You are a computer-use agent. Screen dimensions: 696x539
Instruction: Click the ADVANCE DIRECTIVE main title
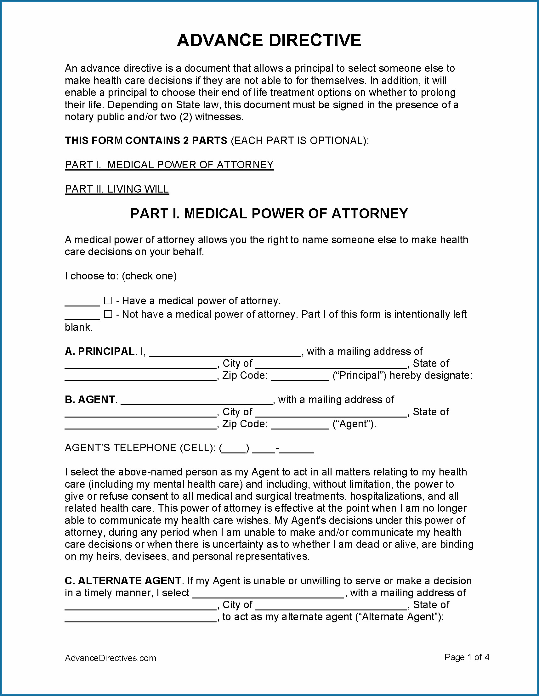269,41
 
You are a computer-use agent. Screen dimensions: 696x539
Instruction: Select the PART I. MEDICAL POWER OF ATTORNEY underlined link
169,165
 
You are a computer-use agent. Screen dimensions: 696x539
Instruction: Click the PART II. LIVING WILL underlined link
117,189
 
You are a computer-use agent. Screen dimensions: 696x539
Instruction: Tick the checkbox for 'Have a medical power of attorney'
108,300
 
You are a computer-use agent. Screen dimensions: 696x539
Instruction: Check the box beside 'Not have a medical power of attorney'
108,314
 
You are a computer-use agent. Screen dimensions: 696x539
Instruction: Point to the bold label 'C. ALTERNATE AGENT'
123,581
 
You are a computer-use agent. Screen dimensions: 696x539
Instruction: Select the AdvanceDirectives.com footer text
111,658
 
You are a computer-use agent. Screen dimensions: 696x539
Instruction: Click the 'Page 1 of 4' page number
467,657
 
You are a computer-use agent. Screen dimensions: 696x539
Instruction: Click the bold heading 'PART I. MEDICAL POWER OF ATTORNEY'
269,214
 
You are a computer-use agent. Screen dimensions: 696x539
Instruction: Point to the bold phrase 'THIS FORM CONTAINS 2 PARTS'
146,141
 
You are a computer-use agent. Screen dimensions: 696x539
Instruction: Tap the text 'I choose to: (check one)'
121,276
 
